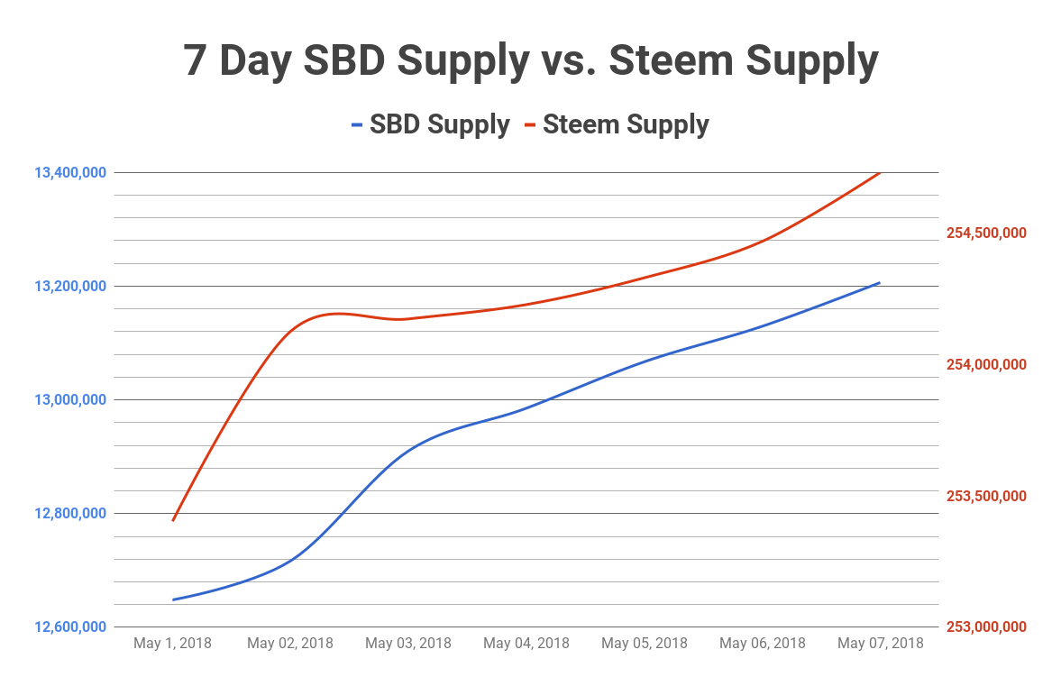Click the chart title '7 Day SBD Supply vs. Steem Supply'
point(530,60)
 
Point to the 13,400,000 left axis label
point(70,172)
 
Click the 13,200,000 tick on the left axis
point(70,286)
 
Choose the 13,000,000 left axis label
point(70,399)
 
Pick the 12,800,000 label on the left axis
point(70,513)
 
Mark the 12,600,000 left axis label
point(70,627)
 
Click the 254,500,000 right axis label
point(986,233)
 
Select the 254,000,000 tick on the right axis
point(986,364)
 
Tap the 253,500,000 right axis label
point(986,496)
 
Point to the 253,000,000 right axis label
point(986,627)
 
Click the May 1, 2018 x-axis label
point(172,644)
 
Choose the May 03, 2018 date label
point(408,644)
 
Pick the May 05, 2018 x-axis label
point(645,644)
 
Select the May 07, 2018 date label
point(881,644)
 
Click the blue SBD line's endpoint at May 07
point(880,282)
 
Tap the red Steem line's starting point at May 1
point(172,520)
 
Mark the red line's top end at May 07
point(880,171)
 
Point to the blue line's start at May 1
point(172,599)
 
